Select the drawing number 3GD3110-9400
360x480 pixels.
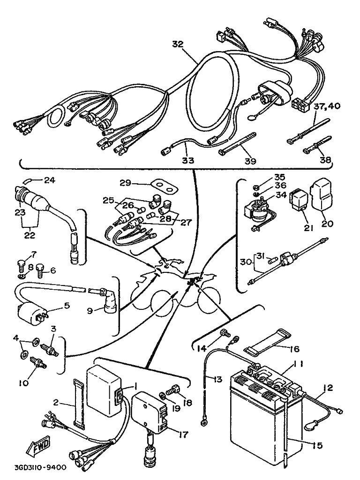(40, 467)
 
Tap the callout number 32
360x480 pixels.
(177, 44)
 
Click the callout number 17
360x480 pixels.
(183, 435)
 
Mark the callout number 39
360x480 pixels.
(250, 161)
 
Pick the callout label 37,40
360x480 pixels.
(329, 106)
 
